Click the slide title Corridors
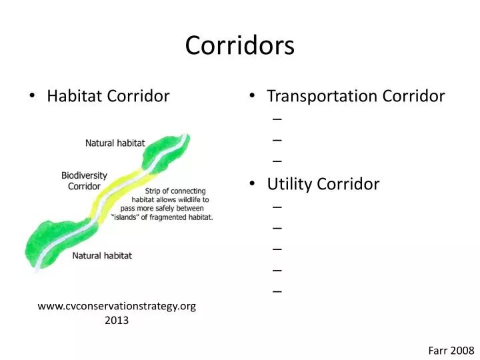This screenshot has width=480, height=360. (x=239, y=45)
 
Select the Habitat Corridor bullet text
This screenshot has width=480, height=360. (x=108, y=96)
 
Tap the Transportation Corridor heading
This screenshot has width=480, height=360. (x=355, y=96)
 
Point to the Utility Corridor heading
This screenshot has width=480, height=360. (x=323, y=184)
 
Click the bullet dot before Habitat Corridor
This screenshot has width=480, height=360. (x=33, y=97)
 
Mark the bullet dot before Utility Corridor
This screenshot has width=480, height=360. (x=253, y=185)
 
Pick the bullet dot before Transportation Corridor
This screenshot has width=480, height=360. (x=253, y=97)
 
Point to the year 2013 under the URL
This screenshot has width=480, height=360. (x=117, y=320)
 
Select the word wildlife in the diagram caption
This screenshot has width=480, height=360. (x=194, y=199)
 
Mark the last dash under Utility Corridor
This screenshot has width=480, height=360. (x=277, y=291)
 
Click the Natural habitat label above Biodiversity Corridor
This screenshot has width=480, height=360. (x=115, y=143)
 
